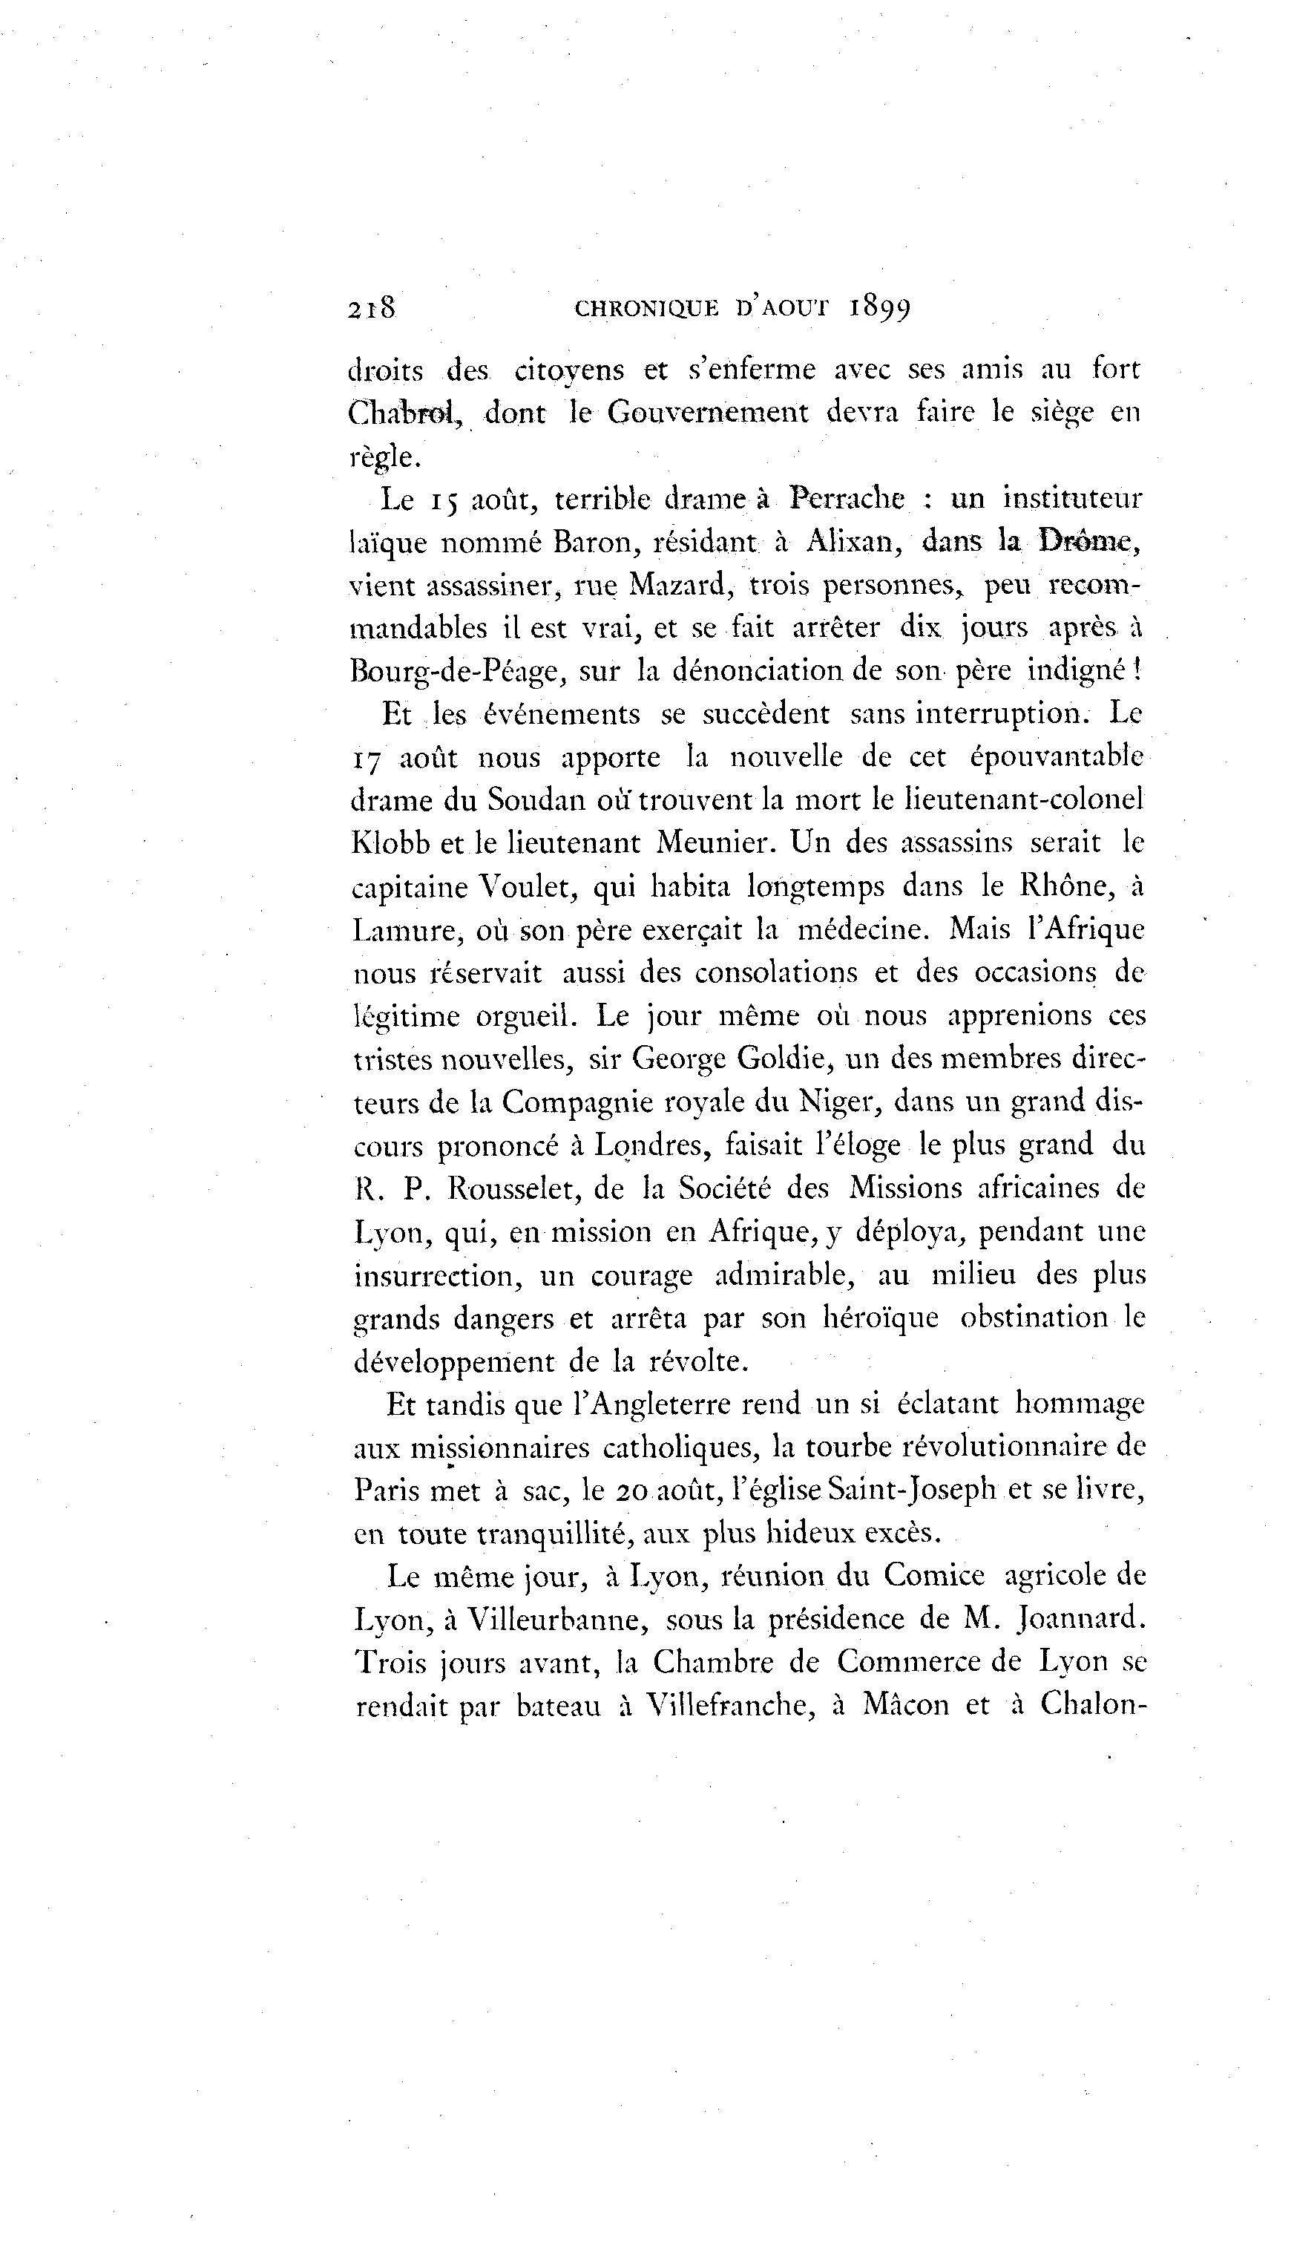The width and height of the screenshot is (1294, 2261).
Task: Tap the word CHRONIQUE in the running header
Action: coord(647,309)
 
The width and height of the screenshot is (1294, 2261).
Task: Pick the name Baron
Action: coord(590,543)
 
